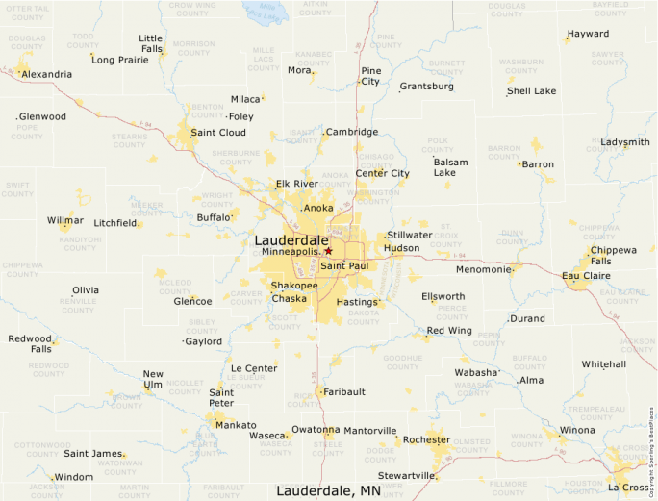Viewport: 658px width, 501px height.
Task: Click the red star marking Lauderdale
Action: click(328, 250)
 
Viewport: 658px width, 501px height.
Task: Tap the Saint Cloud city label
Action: click(218, 133)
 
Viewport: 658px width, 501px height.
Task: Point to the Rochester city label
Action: click(426, 439)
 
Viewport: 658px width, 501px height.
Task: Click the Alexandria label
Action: click(46, 74)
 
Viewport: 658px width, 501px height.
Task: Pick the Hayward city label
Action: click(588, 34)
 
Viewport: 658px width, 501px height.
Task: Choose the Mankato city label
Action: click(236, 425)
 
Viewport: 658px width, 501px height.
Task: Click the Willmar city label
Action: click(65, 220)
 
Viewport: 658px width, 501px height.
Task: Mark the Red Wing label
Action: click(449, 331)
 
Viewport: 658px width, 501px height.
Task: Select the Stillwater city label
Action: click(410, 235)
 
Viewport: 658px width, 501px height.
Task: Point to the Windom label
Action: click(74, 477)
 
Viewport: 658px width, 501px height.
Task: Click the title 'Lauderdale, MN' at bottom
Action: click(328, 490)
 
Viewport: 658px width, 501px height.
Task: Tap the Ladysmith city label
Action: click(625, 142)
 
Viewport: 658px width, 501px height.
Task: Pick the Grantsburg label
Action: click(427, 87)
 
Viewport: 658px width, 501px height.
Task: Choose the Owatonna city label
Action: click(316, 430)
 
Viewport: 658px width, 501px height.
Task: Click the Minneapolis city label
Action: click(291, 251)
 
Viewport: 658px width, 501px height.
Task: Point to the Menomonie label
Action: click(484, 269)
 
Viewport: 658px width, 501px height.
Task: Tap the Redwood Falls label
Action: click(30, 344)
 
